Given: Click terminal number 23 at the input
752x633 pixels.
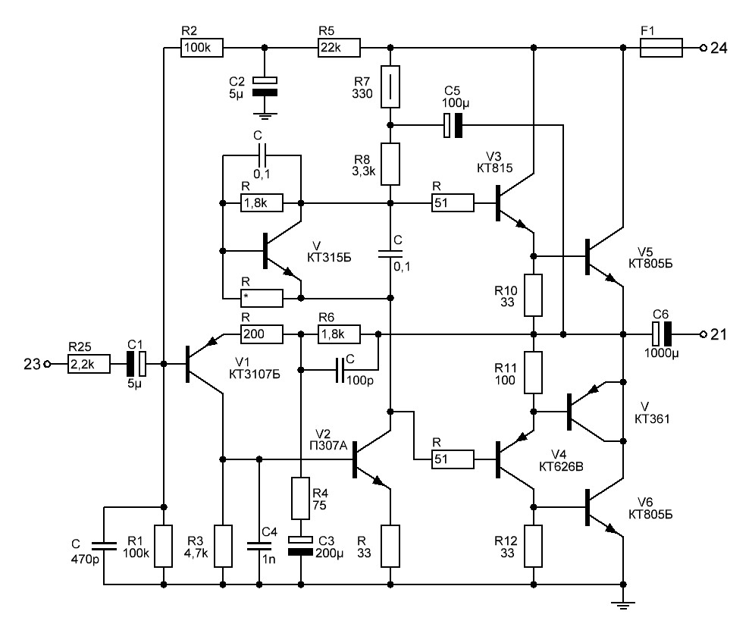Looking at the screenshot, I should [47, 365].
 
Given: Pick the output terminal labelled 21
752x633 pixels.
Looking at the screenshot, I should [703, 334].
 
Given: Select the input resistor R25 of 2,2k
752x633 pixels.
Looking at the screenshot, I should [89, 365].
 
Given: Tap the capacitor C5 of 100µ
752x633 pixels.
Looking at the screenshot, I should [453, 126].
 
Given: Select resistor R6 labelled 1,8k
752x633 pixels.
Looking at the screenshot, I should [337, 334].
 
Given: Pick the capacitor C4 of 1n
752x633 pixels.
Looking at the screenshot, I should [259, 544].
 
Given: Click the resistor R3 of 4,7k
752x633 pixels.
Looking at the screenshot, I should [223, 546].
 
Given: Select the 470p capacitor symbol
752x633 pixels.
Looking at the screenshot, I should [104, 544].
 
